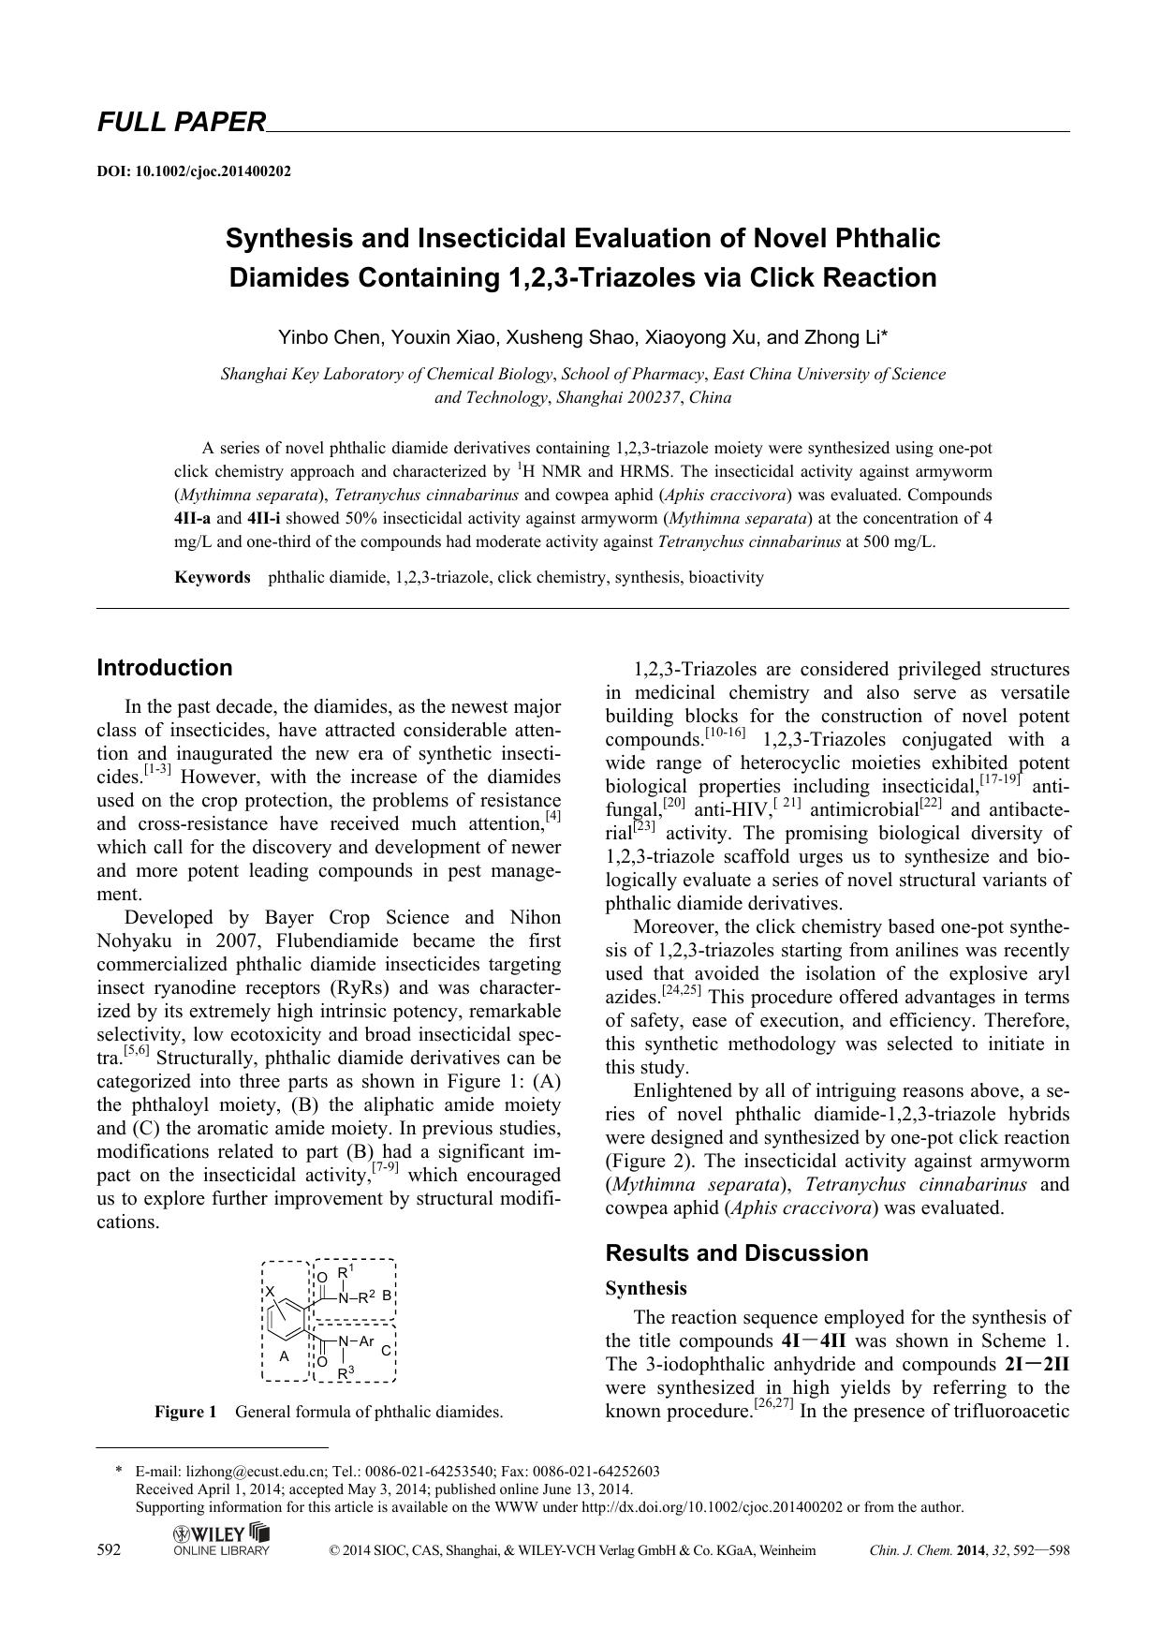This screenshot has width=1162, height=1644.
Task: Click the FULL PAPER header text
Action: (182, 122)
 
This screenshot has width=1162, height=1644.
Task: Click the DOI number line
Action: (194, 171)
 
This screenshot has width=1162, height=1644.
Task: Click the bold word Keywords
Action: (213, 577)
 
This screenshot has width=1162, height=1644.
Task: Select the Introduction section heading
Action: (165, 668)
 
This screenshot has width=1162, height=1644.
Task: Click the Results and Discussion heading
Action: (737, 1253)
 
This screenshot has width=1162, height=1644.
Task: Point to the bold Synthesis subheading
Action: (646, 1288)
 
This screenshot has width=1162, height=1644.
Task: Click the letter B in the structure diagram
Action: (386, 1296)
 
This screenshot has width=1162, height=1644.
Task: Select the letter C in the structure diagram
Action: (386, 1350)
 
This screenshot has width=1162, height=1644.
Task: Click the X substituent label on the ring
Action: (271, 1292)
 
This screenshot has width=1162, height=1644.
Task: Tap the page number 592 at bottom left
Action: (109, 1550)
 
